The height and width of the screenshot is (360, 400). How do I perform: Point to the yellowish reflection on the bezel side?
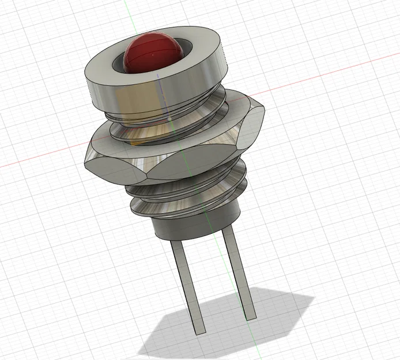124,98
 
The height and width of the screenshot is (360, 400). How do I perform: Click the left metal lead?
187,282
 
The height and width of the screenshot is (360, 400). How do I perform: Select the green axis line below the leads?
254,346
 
